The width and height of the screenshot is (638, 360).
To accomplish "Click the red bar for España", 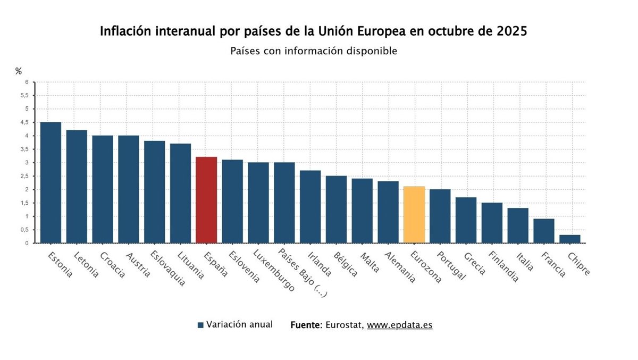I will click(206, 200).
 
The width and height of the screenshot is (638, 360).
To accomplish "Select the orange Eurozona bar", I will click(414, 215).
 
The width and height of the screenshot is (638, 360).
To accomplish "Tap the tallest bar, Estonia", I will click(51, 182).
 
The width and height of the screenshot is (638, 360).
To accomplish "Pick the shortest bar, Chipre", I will click(570, 239).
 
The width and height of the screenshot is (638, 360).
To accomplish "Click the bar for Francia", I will click(544, 231).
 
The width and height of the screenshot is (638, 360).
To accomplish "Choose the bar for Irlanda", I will click(310, 207).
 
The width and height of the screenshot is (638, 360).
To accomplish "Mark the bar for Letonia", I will click(77, 187).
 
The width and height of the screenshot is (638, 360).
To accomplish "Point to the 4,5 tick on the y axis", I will click(24, 122).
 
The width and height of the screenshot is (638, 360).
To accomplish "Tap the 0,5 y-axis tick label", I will click(24, 230).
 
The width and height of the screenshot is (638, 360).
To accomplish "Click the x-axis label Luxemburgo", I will click(273, 270).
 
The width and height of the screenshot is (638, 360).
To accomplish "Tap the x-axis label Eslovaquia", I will click(169, 268).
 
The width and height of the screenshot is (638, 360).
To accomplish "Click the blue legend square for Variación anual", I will click(200, 325).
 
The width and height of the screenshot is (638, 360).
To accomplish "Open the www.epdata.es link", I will click(399, 325).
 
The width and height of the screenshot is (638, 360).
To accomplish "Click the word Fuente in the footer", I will click(306, 325).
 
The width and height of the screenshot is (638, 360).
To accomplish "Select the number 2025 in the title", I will click(512, 31).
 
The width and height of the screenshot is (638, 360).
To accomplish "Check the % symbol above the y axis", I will click(19, 71).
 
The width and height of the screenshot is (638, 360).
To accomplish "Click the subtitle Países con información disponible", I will click(314, 51).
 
